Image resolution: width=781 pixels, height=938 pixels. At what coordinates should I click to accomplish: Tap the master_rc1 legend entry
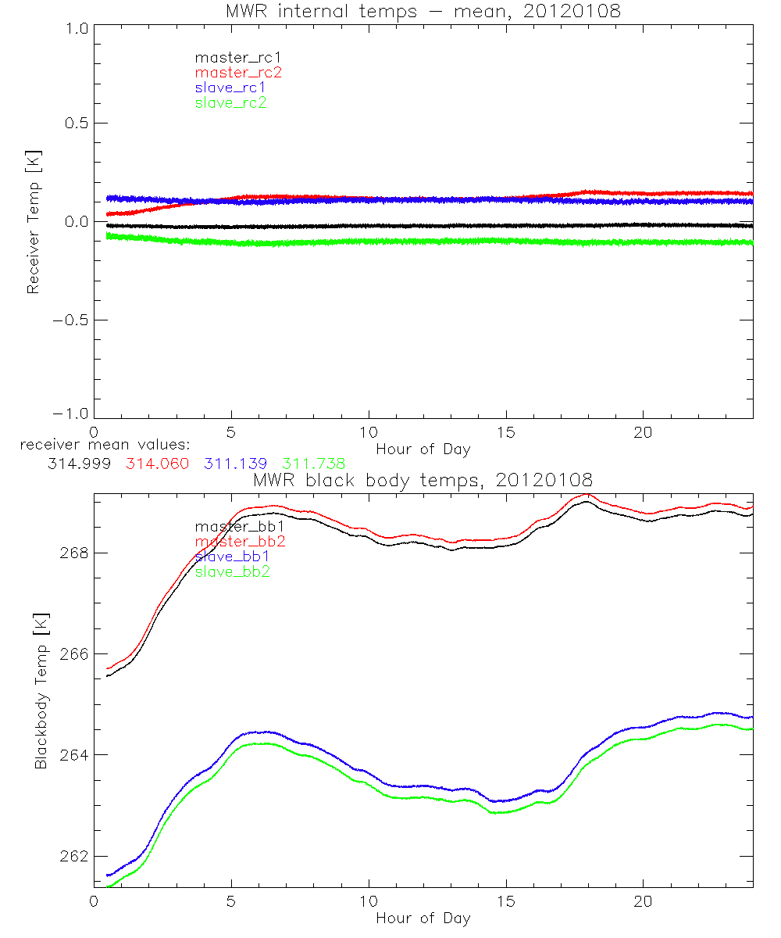230,57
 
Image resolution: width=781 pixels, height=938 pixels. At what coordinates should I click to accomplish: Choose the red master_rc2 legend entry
238,72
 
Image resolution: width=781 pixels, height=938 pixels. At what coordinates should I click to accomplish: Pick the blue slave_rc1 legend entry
231,87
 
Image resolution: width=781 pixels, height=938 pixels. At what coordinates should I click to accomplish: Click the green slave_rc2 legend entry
231,102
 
